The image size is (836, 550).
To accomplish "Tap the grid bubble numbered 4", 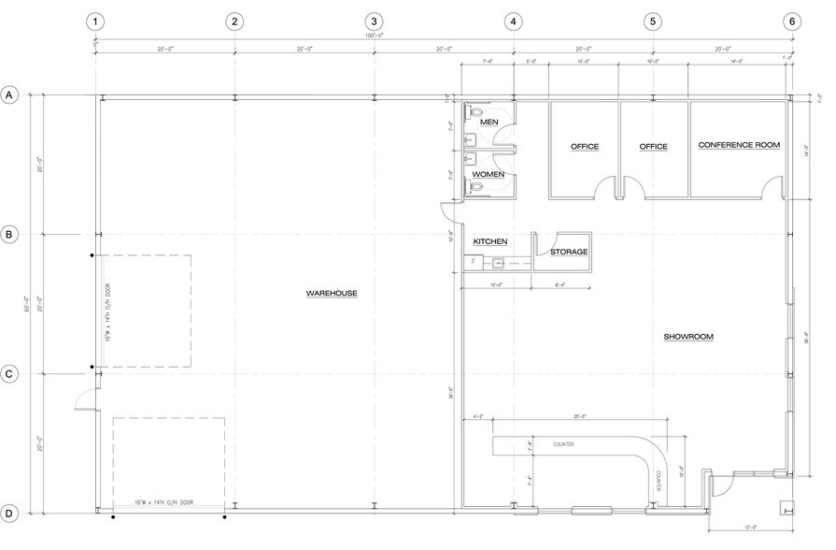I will (x=513, y=22).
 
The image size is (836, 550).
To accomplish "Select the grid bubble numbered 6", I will (x=792, y=22).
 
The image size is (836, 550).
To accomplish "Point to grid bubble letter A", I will (x=10, y=94).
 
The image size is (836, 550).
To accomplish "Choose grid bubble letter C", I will (x=10, y=374).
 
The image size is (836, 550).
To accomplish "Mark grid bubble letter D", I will (x=10, y=514).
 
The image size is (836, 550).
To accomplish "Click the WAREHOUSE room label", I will (x=332, y=294).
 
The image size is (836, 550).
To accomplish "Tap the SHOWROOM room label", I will (x=688, y=337).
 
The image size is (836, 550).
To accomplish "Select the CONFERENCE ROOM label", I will (x=739, y=145).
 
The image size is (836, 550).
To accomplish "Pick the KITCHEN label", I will (x=490, y=241).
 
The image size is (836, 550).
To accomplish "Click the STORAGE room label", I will (x=568, y=253).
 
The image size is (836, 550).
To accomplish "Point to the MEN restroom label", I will (x=489, y=123).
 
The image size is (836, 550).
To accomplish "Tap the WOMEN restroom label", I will (x=488, y=174).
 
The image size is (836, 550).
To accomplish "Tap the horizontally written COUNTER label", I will (x=563, y=444).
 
